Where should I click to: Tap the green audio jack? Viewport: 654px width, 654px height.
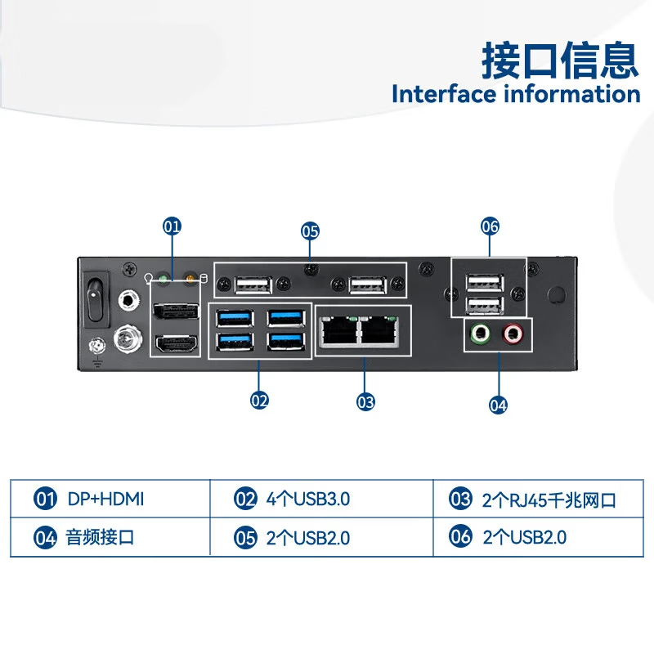pos(480,333)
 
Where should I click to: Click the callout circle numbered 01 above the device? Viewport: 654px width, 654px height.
pos(172,226)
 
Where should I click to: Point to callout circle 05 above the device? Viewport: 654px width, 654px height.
pos(310,231)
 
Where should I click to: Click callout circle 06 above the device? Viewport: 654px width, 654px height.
pos(490,226)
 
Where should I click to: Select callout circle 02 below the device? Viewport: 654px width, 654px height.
pos(259,400)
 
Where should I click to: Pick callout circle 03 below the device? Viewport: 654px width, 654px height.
pos(365,401)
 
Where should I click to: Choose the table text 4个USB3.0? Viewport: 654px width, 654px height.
pos(308,498)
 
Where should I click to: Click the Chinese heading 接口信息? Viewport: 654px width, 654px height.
pos(560,60)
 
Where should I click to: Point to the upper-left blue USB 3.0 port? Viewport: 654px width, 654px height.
pos(232,316)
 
